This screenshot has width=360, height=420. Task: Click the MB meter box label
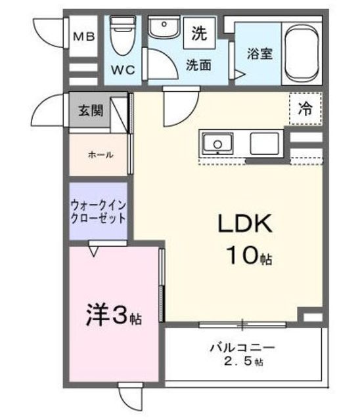(x=84, y=36)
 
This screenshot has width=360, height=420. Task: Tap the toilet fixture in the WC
(x=122, y=35)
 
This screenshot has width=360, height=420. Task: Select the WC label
(x=123, y=70)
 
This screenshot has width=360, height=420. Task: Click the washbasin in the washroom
(x=164, y=28)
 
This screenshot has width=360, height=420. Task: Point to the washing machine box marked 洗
(x=200, y=33)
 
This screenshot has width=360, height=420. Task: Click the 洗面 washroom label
(x=198, y=65)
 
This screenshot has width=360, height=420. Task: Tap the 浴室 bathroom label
(x=259, y=54)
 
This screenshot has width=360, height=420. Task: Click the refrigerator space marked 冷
(x=305, y=108)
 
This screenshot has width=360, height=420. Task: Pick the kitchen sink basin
(x=217, y=144)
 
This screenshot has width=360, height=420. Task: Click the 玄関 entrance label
(x=91, y=110)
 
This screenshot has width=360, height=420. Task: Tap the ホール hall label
(x=101, y=155)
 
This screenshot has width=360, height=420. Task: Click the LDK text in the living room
(x=245, y=223)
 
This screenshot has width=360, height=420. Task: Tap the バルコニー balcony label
(x=242, y=348)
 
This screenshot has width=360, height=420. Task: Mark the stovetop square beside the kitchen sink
(x=264, y=144)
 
